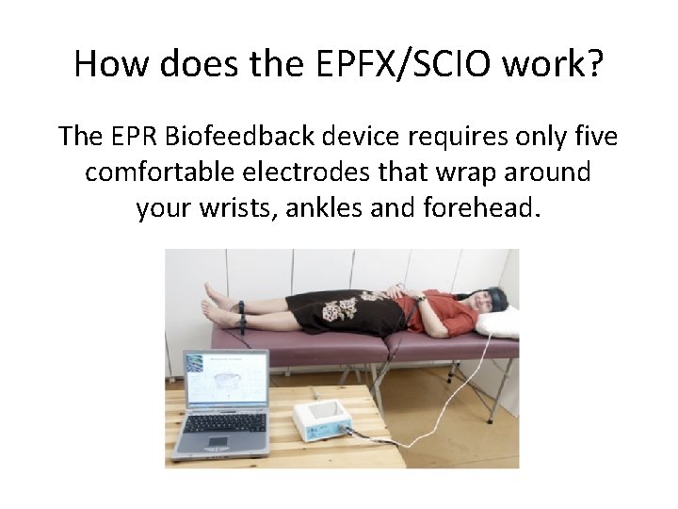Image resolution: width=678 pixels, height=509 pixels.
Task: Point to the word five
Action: (592, 138)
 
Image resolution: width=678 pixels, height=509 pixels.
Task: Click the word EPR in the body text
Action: (138, 138)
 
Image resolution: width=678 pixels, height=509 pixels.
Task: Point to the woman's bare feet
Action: (216, 301)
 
